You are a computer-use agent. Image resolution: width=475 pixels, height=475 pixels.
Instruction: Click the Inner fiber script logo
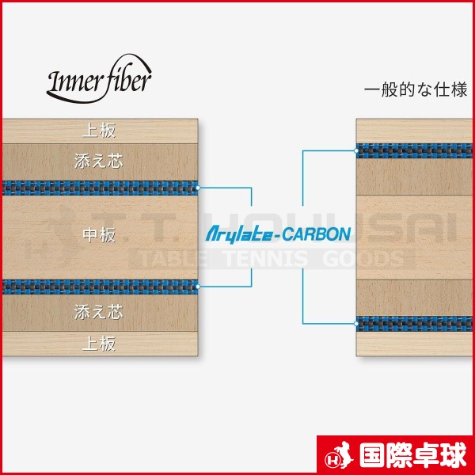click(99, 78)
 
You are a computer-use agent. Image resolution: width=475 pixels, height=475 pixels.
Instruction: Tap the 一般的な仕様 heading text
click(416, 90)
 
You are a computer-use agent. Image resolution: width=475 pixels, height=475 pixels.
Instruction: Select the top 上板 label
click(99, 131)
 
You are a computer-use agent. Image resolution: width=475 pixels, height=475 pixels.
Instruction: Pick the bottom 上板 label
click(99, 344)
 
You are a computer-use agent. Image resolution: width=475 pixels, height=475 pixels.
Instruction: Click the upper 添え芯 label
click(99, 161)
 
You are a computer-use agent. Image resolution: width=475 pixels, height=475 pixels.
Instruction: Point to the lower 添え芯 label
click(99, 312)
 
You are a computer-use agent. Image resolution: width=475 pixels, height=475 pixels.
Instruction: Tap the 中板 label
click(99, 235)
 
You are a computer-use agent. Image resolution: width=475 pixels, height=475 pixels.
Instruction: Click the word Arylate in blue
click(239, 235)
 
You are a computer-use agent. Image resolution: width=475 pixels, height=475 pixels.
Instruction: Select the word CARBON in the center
click(317, 234)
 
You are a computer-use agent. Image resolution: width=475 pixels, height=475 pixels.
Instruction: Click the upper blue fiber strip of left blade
click(100, 188)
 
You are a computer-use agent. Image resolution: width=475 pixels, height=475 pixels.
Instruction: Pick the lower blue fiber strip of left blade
click(100, 287)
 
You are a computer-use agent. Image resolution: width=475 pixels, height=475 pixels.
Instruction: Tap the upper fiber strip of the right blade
click(414, 151)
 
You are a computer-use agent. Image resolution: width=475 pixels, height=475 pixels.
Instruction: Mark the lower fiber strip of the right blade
click(414, 324)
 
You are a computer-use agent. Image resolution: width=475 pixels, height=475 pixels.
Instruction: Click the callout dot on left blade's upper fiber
click(198, 188)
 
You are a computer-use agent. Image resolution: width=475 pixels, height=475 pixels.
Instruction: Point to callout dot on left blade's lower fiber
click(198, 287)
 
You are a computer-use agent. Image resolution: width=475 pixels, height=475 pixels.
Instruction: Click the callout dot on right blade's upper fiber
click(356, 151)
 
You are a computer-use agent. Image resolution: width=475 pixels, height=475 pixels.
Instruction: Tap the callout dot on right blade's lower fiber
click(356, 324)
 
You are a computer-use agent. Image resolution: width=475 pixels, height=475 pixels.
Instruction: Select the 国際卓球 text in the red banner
click(412, 455)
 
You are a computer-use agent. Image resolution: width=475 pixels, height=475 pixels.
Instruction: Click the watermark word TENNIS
click(266, 259)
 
